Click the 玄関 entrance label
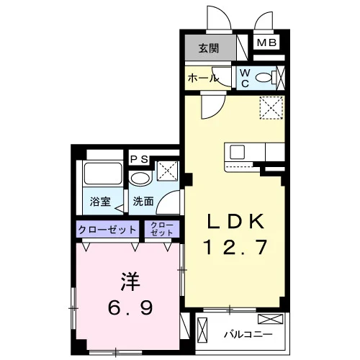pos(209,48)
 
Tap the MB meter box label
pos(266,42)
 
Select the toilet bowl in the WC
pos(264,78)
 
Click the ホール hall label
pos(203,78)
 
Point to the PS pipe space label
pos(139,159)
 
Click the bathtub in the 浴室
pos(103,174)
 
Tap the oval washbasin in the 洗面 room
pos(140,179)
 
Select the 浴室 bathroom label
pos(100,202)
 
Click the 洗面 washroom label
pos(143,202)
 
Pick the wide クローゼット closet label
pos(107,230)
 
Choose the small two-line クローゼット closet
pos(161,229)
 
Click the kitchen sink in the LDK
pos(237,153)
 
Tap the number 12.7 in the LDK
pos(235,247)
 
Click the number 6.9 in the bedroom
pos(130,307)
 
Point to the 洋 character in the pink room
pos(130,282)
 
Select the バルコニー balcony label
pos(248,334)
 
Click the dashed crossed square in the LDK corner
pos(271,108)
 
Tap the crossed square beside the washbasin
pos(167,171)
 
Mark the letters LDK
pos(236,221)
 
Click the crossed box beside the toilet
pos(281,78)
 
